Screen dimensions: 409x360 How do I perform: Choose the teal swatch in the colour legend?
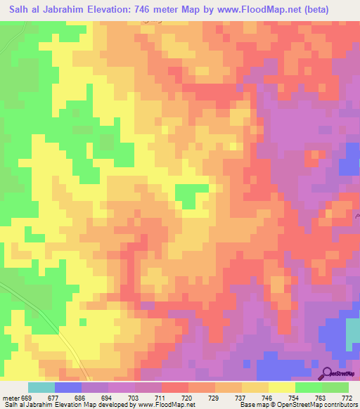(41, 387)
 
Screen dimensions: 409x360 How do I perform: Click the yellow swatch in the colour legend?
(282, 387)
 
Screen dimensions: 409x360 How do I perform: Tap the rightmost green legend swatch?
(335, 387)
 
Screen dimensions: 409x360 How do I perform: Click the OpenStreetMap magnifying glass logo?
(328, 373)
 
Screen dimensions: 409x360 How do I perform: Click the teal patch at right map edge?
(352, 337)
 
